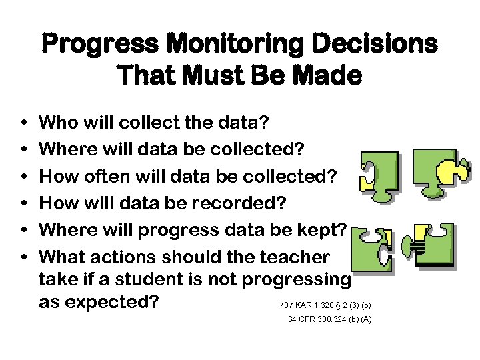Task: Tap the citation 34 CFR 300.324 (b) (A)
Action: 329,319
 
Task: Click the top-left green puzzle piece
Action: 377,174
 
